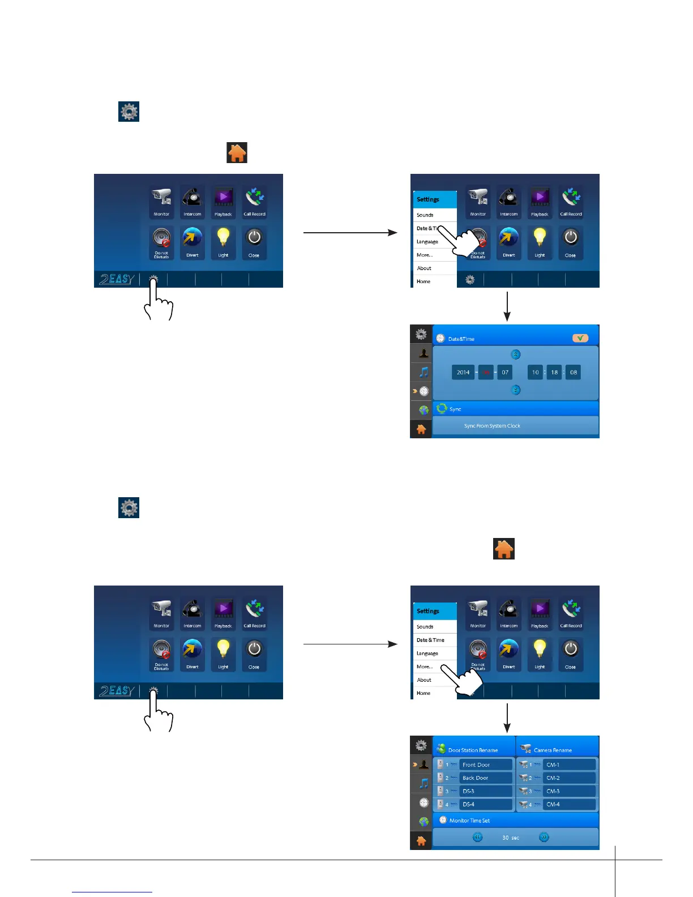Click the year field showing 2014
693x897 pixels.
point(463,372)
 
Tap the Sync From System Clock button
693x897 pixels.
point(492,426)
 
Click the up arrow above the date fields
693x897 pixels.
point(515,354)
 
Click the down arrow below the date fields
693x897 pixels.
point(515,390)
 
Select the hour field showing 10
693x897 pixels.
point(535,372)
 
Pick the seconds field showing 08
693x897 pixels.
point(574,372)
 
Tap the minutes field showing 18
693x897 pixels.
point(554,372)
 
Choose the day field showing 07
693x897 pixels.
point(505,372)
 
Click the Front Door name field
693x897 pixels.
point(485,764)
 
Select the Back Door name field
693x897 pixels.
point(485,778)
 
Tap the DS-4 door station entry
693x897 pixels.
point(485,804)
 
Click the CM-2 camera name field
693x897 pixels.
point(568,778)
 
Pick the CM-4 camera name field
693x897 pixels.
point(568,804)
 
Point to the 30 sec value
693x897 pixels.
point(511,838)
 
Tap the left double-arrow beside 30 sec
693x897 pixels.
point(478,837)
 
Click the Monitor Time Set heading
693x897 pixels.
point(469,821)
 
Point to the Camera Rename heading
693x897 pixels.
point(553,750)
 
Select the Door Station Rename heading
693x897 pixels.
point(473,750)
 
